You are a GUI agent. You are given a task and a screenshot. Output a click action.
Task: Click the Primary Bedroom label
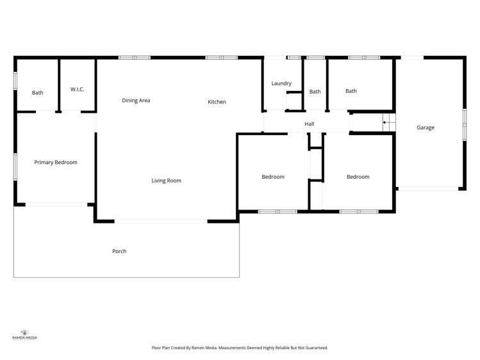coord(56,163)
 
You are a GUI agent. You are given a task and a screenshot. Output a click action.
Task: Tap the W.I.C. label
coord(78,90)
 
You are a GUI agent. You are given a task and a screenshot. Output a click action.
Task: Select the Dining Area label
coord(136,101)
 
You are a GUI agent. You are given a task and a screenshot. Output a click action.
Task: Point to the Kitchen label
coord(217,102)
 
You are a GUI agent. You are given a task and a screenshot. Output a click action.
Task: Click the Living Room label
coord(166,181)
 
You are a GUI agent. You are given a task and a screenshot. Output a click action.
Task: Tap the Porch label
coord(119,251)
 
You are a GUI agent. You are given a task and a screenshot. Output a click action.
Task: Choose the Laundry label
coord(281,83)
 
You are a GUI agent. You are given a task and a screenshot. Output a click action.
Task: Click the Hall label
coord(310,124)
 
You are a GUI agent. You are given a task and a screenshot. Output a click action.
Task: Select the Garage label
coord(426,127)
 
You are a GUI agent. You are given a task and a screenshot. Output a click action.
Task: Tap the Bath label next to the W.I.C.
coord(38,93)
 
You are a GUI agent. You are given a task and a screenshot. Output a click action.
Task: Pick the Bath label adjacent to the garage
coord(351,91)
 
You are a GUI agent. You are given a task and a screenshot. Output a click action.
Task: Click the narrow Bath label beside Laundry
coord(315,92)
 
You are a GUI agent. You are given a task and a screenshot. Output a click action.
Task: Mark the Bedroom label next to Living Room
coord(273,177)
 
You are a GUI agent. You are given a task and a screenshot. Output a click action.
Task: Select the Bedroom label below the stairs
coord(358,177)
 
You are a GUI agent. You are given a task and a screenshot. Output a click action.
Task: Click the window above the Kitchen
coord(222,58)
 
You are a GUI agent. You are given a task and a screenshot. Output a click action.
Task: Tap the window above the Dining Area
coord(135,58)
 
